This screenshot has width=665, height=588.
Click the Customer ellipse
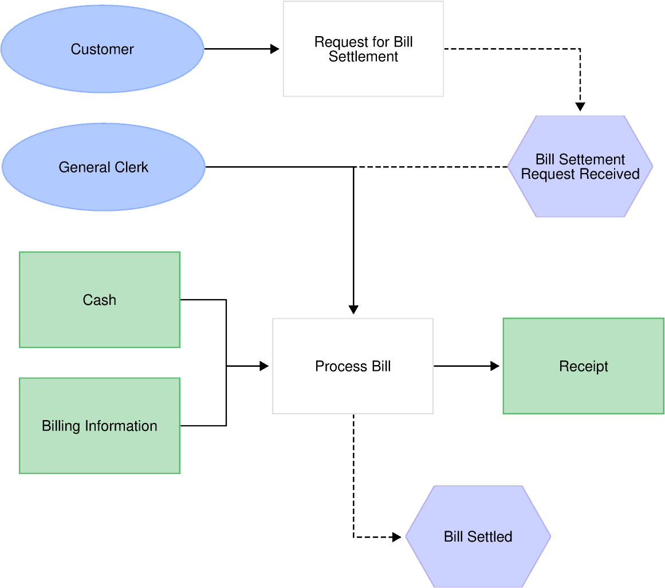(102, 49)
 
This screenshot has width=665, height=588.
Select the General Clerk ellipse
(103, 167)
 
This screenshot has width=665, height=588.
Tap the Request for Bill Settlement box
(363, 49)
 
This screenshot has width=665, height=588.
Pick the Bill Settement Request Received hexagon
(580, 167)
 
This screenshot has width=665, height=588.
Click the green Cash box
(99, 300)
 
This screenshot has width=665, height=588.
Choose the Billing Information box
(99, 426)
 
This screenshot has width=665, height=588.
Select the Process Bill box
(353, 366)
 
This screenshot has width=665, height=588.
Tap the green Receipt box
(583, 366)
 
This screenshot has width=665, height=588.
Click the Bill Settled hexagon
(478, 536)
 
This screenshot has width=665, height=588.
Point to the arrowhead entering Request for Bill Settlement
(275, 49)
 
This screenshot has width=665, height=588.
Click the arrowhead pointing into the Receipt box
(495, 366)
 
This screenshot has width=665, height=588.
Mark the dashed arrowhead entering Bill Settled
(396, 537)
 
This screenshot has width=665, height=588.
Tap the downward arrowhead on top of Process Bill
(353, 309)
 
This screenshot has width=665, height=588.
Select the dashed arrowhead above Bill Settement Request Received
(580, 107)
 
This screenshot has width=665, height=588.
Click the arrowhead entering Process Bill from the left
(264, 366)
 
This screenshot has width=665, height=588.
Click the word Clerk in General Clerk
(132, 167)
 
